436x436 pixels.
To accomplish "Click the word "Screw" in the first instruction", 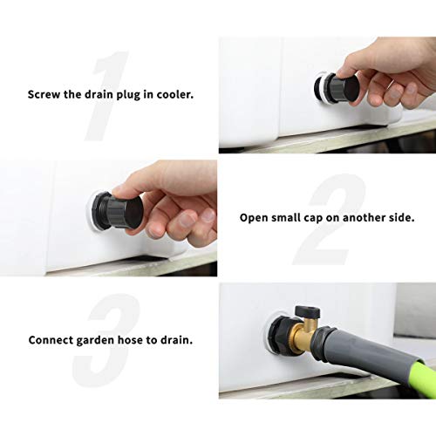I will point(44,94).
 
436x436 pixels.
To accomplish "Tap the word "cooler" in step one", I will point(170,94).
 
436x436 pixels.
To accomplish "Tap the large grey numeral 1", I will point(109,96).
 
